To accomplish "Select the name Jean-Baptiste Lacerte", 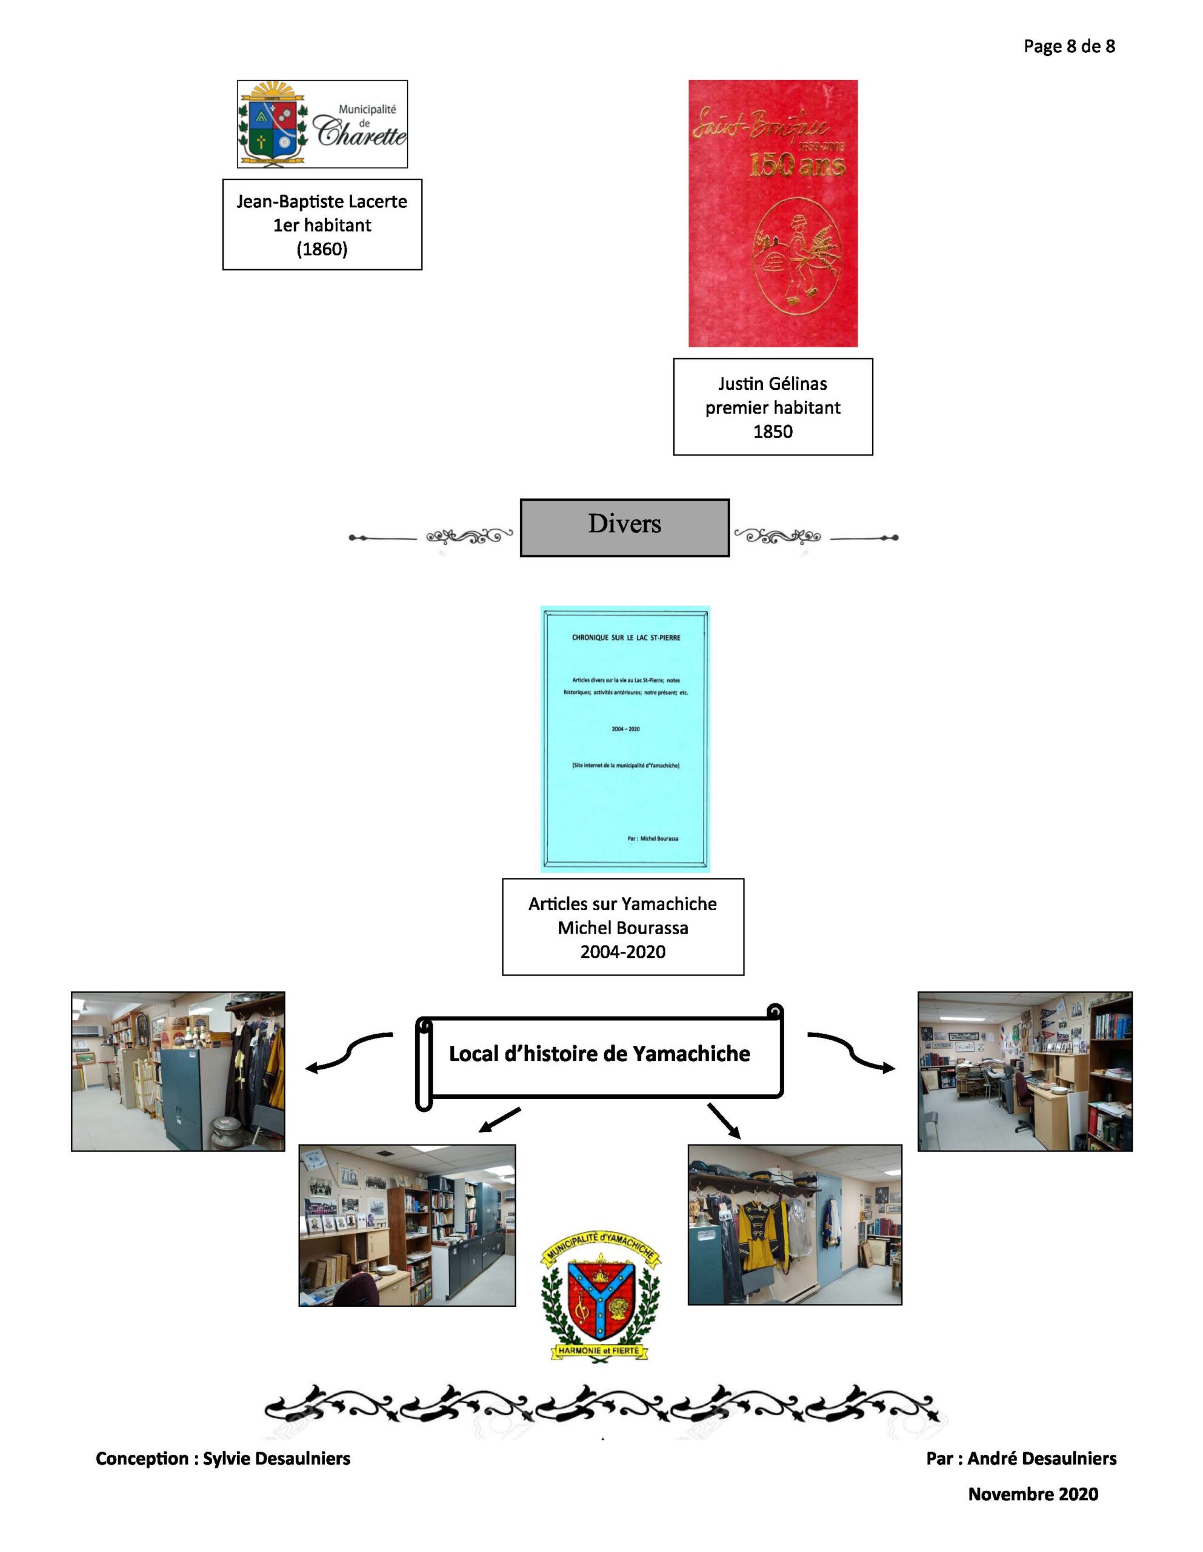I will (x=322, y=202).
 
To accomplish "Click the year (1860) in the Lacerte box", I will (x=322, y=249).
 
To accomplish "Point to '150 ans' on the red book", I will (x=796, y=166).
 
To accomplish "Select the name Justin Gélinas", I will (x=772, y=384).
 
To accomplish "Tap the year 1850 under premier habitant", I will (x=772, y=432).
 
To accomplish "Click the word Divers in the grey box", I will (x=624, y=524).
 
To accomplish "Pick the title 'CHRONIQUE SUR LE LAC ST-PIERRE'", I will (x=625, y=637).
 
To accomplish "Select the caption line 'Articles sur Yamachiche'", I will (x=622, y=904).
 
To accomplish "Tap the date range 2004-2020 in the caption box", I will (x=622, y=952).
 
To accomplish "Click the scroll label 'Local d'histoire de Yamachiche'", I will (x=599, y=1054).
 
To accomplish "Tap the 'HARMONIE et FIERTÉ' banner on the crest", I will (x=598, y=1350).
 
